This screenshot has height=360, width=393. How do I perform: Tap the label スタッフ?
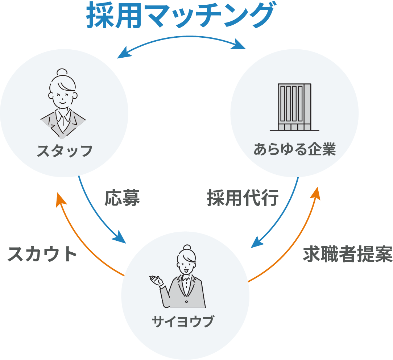coord(65,151)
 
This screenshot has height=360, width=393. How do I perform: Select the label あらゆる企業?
coord(295,149)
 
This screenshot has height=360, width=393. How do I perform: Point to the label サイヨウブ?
coord(183,322)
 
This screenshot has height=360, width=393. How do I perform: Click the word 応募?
coord(122,198)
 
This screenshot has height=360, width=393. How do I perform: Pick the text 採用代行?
coord(243,198)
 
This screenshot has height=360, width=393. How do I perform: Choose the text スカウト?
coord(42,254)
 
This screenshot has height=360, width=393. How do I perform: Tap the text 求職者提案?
coord(348,254)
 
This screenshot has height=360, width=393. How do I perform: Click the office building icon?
coord(294,107)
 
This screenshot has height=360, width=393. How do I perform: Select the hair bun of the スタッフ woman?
coord(62,72)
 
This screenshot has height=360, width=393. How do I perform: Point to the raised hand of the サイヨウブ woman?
coord(156,281)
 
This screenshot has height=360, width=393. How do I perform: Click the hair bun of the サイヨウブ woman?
coord(187,248)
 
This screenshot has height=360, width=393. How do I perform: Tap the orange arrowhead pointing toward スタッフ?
coord(60,200)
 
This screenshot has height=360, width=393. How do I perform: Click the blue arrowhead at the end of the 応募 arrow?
coord(120,237)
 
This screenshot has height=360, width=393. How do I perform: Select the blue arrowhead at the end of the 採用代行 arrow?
coord(257,242)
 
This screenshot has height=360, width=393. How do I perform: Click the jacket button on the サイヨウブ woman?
coord(186,302)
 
